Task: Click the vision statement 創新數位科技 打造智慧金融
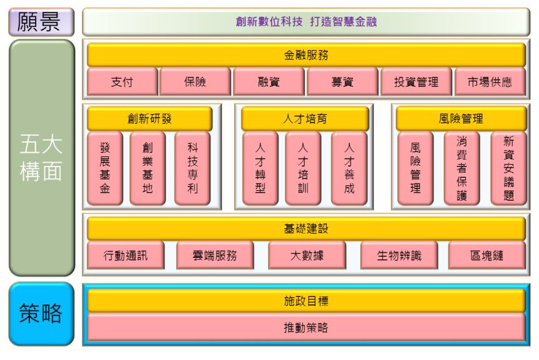(x=306, y=23)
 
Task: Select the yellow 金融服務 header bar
(x=306, y=55)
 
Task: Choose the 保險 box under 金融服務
(x=195, y=81)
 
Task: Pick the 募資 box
(x=342, y=81)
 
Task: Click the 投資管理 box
(x=416, y=81)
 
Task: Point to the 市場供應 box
(x=490, y=81)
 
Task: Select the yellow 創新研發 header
(x=149, y=118)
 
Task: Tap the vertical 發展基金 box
(x=105, y=168)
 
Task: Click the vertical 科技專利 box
(x=192, y=168)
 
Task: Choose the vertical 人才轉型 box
(x=260, y=168)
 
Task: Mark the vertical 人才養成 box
(x=349, y=168)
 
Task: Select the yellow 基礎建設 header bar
(x=306, y=229)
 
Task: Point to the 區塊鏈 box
(x=487, y=255)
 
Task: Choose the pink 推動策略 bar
(x=306, y=327)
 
